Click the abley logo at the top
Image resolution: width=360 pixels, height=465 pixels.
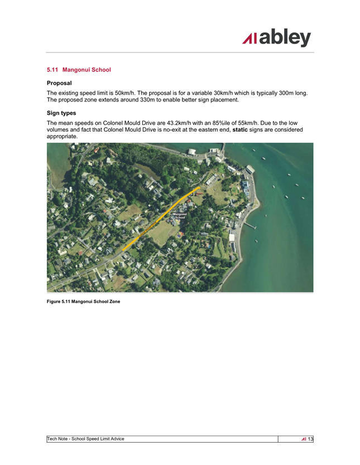277,37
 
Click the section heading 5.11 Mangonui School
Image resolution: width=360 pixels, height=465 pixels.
79,70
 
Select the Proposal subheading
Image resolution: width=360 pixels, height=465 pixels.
60,83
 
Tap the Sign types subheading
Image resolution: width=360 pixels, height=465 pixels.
61,113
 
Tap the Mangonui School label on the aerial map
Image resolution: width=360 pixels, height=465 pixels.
179,215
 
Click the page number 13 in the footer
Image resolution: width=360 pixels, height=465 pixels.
311,439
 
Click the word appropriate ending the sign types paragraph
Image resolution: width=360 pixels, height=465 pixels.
63,137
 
